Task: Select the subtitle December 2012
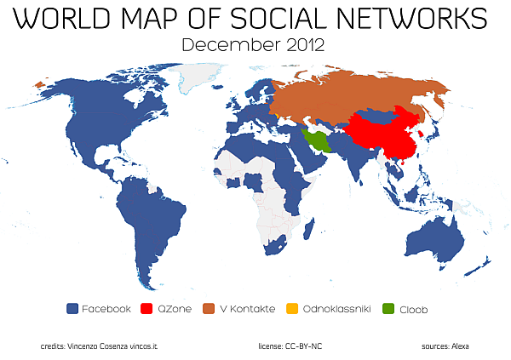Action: (x=255, y=45)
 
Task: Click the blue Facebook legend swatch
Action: (x=72, y=309)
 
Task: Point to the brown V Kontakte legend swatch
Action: (x=210, y=309)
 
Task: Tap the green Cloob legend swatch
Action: (x=389, y=309)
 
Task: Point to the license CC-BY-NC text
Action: (x=290, y=346)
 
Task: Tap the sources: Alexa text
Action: (x=445, y=346)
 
